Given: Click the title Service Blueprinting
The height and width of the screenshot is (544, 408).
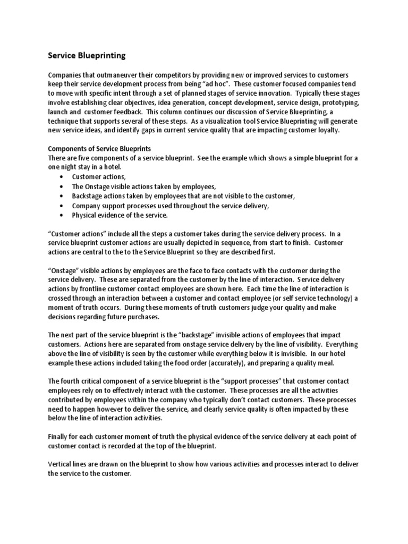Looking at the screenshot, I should pyautogui.click(x=87, y=55).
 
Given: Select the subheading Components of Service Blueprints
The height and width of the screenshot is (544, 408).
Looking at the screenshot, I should pyautogui.click(x=100, y=149).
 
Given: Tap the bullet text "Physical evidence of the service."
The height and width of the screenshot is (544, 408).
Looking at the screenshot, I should pyautogui.click(x=120, y=215).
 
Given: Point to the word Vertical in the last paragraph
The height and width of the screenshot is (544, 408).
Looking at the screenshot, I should pyautogui.click(x=61, y=464).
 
